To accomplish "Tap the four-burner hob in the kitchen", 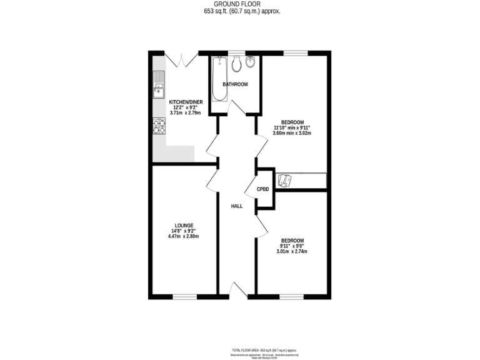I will click(159, 126).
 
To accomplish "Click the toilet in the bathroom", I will click(236, 64).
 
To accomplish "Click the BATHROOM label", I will click(236, 84).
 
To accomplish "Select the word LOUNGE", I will click(184, 226).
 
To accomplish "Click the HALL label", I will click(236, 206).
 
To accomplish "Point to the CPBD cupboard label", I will click(262, 189).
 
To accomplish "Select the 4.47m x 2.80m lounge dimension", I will click(184, 237).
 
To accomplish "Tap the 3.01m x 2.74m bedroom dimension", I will click(292, 252).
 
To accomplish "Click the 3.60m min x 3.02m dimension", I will click(292, 133).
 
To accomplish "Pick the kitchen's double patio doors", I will click(181, 59).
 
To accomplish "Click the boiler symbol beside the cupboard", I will click(286, 180).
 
